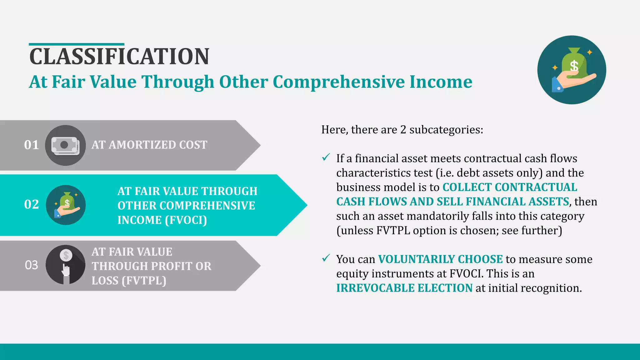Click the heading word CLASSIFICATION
coord(119,57)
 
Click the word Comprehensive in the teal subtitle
coord(339,82)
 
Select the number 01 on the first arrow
coord(32,145)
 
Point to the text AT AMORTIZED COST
coord(149,145)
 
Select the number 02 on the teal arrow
coord(32,204)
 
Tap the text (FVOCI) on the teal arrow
coord(186,220)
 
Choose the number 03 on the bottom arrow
coord(32,265)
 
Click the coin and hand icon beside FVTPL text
coord(66,265)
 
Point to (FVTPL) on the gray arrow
coord(144,281)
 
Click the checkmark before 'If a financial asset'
coord(326,157)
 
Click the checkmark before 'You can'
coord(326,258)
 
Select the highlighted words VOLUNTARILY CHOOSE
coord(440,259)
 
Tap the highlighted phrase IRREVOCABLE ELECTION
coord(404,288)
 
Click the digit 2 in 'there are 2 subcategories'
coord(403,130)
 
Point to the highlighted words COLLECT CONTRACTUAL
coord(510,187)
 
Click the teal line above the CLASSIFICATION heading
coord(77,44)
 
